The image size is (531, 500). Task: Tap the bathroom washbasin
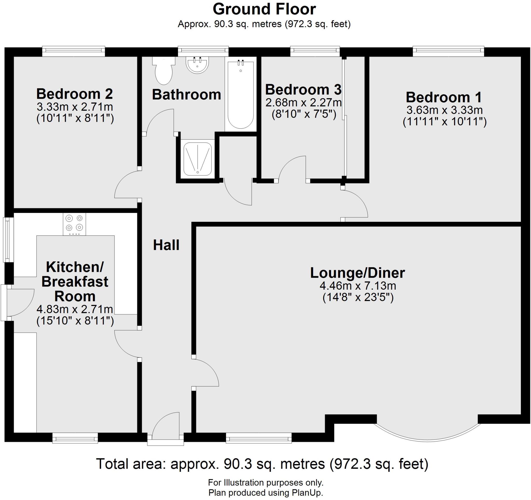[197, 65]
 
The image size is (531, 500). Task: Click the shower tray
[198, 159]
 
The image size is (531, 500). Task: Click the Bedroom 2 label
[74, 94]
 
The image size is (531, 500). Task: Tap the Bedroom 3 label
[303, 90]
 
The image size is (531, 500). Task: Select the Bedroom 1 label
[444, 97]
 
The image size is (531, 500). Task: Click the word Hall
[166, 245]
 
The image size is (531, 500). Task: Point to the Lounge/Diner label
[357, 273]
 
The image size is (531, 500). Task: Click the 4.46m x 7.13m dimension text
[358, 286]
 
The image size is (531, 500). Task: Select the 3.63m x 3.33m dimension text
[444, 110]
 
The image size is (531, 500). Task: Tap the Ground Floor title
[264, 9]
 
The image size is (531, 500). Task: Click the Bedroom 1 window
[448, 51]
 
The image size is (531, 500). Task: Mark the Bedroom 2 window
[73, 51]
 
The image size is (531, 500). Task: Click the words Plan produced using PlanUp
[265, 492]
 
